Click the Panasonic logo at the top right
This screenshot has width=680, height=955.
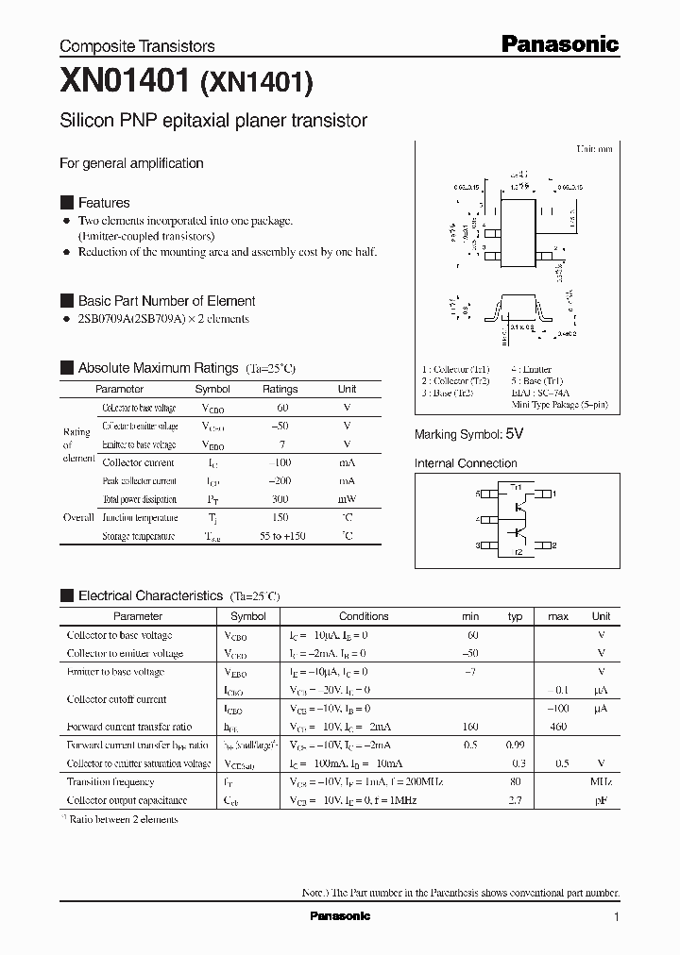pos(559,43)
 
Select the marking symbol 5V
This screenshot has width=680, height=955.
pos(514,434)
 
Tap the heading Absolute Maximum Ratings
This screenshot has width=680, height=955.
pos(158,368)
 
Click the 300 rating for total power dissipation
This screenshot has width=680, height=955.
pos(280,499)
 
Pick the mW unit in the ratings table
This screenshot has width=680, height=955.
pos(347,499)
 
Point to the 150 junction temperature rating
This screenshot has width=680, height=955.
pos(280,517)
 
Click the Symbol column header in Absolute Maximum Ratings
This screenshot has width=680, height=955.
pos(212,389)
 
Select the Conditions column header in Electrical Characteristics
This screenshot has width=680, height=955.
pos(364,616)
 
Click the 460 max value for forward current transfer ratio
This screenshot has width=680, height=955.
pos(557,727)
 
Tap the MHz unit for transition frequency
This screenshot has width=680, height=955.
pos(601,781)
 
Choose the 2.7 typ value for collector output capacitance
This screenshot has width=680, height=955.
pos(516,800)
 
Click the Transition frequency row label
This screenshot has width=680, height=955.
pos(110,781)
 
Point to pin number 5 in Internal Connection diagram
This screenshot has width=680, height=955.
pos(479,494)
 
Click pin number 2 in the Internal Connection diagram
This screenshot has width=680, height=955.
pos(553,545)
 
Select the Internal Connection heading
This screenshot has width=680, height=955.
pos(466,463)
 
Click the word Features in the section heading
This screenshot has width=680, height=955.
pos(104,203)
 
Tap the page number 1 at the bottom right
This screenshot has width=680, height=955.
pos(617,917)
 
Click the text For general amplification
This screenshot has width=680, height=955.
pos(131,163)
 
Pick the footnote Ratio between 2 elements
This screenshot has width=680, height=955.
pos(123,819)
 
